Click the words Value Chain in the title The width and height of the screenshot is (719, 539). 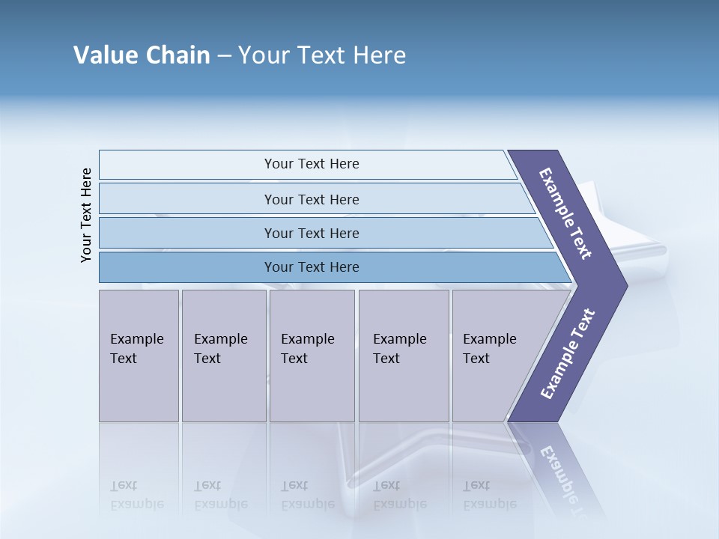pos(142,55)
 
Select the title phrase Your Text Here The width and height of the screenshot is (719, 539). pos(322,55)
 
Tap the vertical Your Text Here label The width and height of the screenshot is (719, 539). pos(86,215)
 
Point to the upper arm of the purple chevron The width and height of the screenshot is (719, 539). pos(565,213)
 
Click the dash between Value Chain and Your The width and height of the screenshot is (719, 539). pos(224,56)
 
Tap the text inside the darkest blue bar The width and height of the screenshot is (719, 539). pos(312,267)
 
